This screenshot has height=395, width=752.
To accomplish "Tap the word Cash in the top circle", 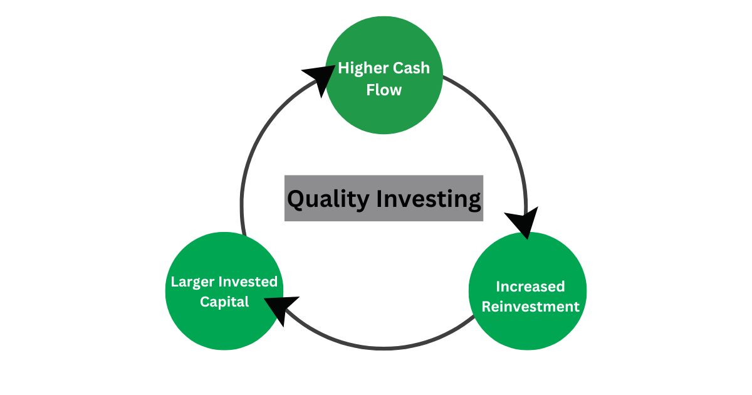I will [x=407, y=68].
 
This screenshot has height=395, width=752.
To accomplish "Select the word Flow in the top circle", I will [x=384, y=90].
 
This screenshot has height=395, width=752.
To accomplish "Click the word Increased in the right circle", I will [x=530, y=287].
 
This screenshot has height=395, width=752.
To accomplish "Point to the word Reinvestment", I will [x=530, y=307].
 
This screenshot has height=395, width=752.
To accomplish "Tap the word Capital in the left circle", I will [x=224, y=302].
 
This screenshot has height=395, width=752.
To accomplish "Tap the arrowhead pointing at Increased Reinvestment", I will [x=523, y=223].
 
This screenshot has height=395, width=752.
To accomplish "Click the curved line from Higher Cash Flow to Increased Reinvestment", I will [x=501, y=125].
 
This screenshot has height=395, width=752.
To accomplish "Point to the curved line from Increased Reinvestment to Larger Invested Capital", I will [x=384, y=347].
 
